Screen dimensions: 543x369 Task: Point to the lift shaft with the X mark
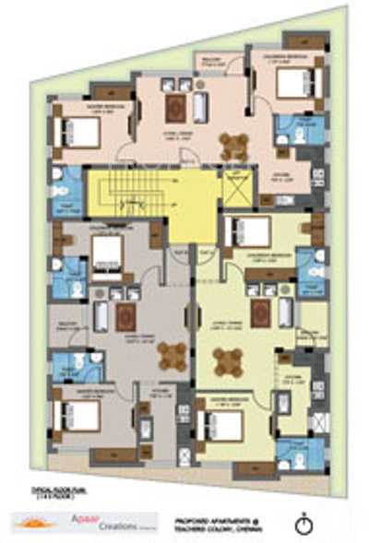(x=235, y=187)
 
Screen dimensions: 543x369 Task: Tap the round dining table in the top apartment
(x=233, y=146)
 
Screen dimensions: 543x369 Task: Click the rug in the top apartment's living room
(x=176, y=108)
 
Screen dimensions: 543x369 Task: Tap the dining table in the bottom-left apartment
(x=173, y=355)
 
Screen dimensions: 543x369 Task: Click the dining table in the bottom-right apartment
(x=227, y=361)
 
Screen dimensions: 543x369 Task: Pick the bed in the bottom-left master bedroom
(x=81, y=414)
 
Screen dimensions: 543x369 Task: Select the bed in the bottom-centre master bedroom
(x=222, y=424)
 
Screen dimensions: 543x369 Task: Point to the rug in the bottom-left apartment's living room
(x=125, y=316)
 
